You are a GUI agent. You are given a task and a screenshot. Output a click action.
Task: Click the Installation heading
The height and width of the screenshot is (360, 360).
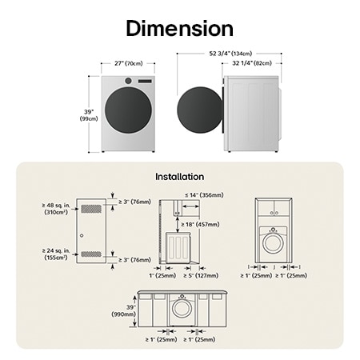point(179,176)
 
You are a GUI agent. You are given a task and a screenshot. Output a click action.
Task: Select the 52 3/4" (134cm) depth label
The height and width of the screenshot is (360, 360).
point(230,53)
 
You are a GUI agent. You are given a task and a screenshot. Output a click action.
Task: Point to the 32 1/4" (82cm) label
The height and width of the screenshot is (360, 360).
point(252,62)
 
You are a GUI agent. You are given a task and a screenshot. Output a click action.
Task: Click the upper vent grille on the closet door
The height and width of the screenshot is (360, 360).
point(93,207)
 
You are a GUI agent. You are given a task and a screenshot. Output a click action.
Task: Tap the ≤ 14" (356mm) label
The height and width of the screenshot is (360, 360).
point(203,194)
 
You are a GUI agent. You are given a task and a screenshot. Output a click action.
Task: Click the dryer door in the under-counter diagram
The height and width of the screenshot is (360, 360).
point(183,308)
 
